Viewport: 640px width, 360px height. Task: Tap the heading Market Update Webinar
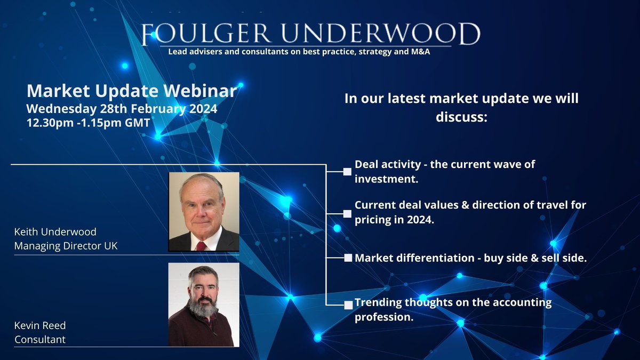click(x=131, y=91)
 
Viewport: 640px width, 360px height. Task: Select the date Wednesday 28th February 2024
click(x=122, y=109)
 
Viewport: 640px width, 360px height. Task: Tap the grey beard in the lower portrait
click(x=203, y=306)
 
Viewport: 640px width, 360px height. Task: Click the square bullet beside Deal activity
click(x=347, y=172)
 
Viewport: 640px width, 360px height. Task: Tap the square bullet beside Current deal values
click(x=347, y=213)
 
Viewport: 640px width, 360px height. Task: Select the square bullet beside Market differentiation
click(x=347, y=258)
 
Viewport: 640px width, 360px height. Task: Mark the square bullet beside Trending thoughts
click(x=348, y=305)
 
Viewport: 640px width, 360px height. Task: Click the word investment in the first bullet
click(x=387, y=179)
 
